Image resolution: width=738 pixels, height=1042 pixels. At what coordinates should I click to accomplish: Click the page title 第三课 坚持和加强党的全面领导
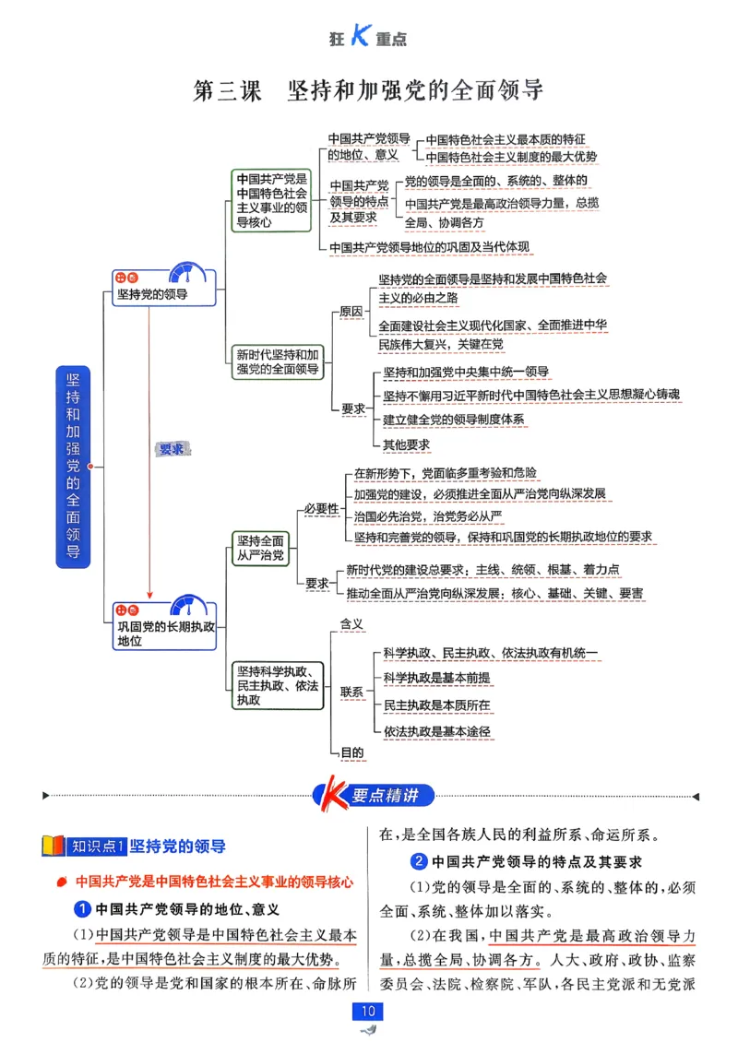[367, 90]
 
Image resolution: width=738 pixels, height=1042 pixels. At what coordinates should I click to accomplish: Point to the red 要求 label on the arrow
[172, 449]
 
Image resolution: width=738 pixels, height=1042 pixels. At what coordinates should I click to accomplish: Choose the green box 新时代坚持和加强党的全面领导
[277, 361]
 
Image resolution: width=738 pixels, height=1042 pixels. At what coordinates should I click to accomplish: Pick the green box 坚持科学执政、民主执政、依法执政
[278, 685]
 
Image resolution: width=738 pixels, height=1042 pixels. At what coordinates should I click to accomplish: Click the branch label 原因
[351, 312]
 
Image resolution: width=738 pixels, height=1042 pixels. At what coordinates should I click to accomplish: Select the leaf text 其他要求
[407, 444]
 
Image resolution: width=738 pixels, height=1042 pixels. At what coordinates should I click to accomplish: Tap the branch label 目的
[352, 752]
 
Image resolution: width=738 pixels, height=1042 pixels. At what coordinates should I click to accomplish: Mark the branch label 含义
[352, 624]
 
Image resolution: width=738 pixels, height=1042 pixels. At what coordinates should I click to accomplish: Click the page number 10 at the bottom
[369, 1012]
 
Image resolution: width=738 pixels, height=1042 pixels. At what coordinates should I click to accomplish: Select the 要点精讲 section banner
[374, 795]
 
